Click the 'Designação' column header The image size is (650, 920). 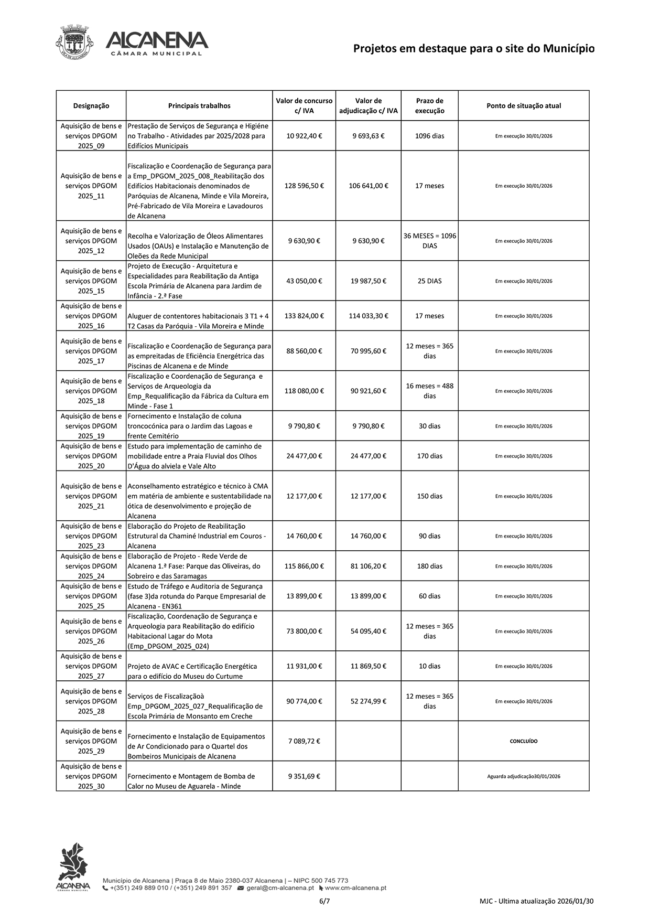(x=91, y=106)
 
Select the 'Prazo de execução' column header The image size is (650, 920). (x=429, y=106)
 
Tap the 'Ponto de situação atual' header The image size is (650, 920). (x=523, y=106)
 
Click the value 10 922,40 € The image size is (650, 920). (x=304, y=136)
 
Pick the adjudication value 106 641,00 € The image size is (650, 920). (x=368, y=186)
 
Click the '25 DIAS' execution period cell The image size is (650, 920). (x=429, y=281)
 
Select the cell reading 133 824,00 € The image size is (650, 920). (x=304, y=316)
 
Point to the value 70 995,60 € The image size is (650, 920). (x=368, y=351)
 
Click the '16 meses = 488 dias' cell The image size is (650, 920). (x=429, y=391)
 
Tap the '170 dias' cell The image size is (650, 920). (x=429, y=456)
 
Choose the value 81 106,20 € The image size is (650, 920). (x=368, y=566)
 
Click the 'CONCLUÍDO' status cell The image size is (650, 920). (x=523, y=741)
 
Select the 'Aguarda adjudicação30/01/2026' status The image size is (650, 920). (x=523, y=776)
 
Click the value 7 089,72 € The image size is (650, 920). (x=304, y=741)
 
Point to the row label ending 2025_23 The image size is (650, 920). (x=91, y=536)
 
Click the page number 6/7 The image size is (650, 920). (x=324, y=902)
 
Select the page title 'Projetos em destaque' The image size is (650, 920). (x=473, y=49)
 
